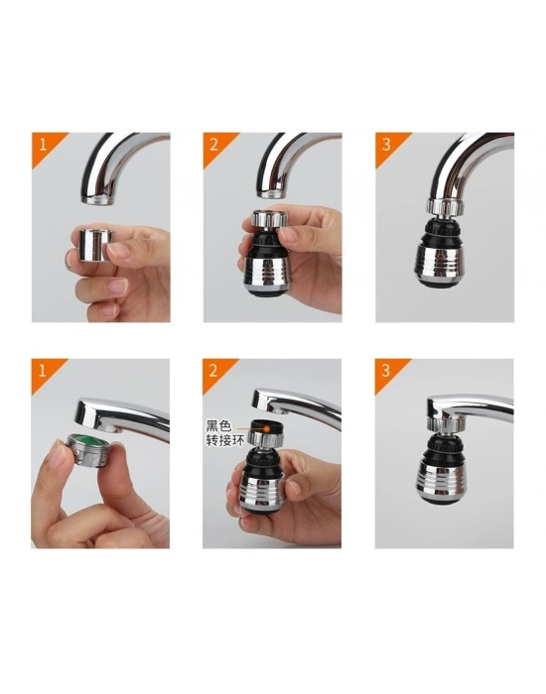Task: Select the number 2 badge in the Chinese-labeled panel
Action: tap(213, 370)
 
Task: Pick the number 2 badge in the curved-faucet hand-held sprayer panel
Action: tap(213, 143)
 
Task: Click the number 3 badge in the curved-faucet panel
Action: tap(385, 143)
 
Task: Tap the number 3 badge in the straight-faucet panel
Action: tap(385, 370)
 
